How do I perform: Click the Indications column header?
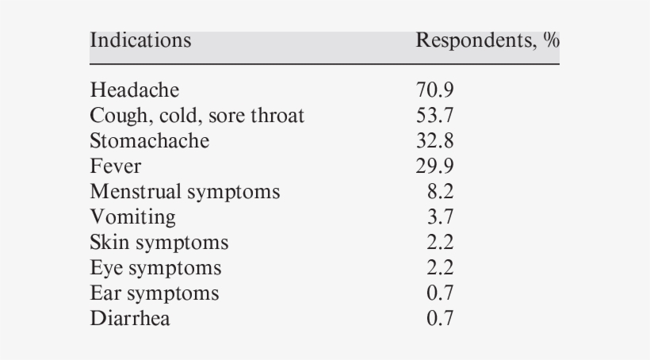tap(140, 40)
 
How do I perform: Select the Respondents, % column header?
tap(487, 40)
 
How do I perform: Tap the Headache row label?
tap(135, 90)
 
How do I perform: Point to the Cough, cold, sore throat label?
tap(197, 116)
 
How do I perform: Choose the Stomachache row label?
tap(150, 140)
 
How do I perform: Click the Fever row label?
tap(116, 166)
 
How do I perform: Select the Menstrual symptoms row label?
tap(185, 191)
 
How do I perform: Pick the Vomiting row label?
tap(133, 216)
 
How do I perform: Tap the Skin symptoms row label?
tap(159, 242)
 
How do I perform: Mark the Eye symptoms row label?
tap(155, 267)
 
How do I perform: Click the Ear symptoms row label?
tap(155, 293)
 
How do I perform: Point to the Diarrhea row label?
tap(130, 318)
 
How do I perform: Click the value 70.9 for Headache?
tap(434, 90)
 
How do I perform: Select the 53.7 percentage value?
tap(434, 116)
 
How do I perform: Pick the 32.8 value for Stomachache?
tap(434, 140)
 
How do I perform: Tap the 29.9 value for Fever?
tap(434, 166)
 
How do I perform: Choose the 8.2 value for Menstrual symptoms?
tap(440, 191)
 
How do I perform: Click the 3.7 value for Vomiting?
tap(440, 216)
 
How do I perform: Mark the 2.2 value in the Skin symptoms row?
tap(440, 242)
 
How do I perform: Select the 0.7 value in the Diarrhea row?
tap(440, 318)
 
